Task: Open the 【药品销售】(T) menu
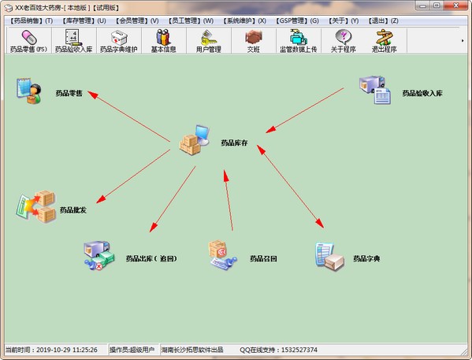tap(32, 20)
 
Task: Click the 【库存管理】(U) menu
tap(84, 20)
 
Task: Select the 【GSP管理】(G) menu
tap(297, 20)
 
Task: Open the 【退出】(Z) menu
tap(383, 20)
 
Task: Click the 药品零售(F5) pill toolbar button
tap(29, 41)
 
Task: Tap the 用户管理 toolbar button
tap(209, 41)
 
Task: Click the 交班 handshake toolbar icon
tap(254, 37)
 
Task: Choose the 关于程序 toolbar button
tap(344, 41)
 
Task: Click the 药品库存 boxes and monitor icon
tap(194, 139)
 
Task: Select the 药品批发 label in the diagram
tap(73, 210)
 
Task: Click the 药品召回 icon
tap(223, 255)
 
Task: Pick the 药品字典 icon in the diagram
tap(329, 256)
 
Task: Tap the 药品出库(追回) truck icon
tap(99, 255)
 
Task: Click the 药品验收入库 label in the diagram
tap(422, 93)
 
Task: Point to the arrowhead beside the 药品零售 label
tap(93, 95)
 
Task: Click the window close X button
tap(456, 6)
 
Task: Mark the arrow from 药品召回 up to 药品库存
tap(229, 200)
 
